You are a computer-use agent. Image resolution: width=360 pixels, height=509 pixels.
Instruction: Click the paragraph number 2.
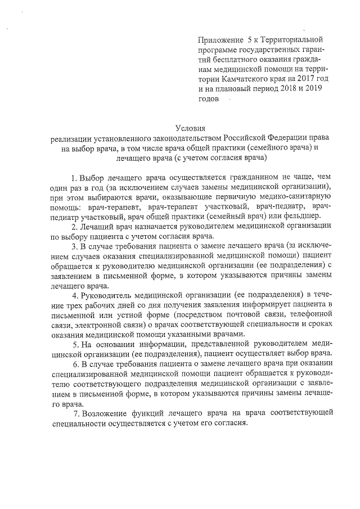click(74, 227)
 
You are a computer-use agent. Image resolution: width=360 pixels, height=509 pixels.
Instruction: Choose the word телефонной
click(311, 314)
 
